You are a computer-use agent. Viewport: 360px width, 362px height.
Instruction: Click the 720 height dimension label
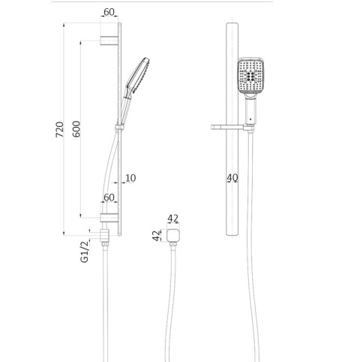[60, 129]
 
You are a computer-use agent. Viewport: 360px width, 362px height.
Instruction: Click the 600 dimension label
[76, 129]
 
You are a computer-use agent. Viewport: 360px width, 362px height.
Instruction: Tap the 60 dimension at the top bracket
[109, 12]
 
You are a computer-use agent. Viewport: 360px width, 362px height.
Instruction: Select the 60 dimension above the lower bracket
[109, 198]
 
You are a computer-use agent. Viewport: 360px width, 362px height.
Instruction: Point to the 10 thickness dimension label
[130, 178]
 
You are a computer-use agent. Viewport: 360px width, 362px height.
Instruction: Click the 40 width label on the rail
[232, 178]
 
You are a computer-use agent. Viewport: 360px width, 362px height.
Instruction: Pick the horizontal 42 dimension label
[173, 219]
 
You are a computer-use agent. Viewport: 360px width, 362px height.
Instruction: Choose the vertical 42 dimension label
[156, 236]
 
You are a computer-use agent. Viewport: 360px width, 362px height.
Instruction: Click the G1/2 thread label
[85, 252]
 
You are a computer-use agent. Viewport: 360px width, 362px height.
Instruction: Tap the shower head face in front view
[250, 76]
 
